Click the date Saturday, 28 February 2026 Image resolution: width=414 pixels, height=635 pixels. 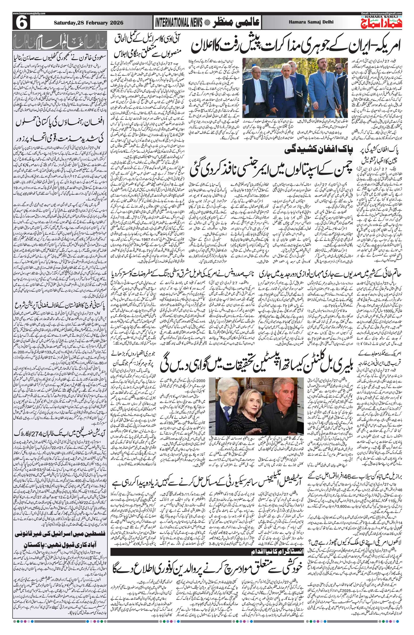(x=88, y=23)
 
